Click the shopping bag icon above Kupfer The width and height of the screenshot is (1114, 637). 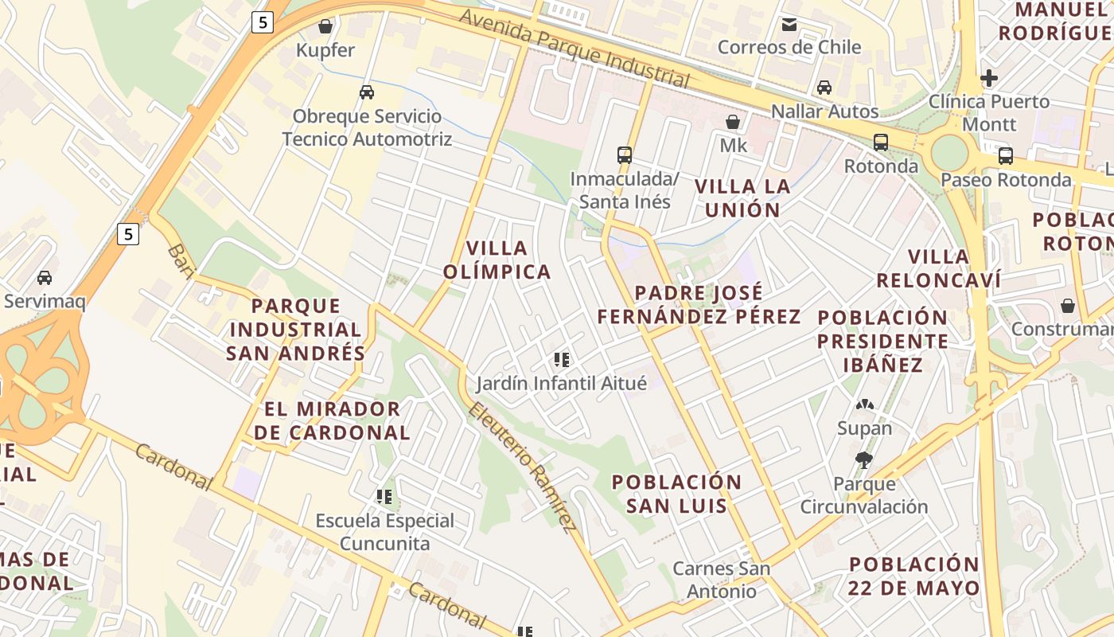[325, 26]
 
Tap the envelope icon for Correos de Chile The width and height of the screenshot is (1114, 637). [789, 24]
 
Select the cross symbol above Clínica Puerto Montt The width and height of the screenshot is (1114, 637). [989, 78]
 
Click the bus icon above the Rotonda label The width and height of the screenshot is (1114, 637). [881, 143]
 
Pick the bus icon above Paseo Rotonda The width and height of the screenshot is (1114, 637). [1006, 155]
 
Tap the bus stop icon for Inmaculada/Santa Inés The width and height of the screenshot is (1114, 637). [625, 154]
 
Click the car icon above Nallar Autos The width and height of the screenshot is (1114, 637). [824, 87]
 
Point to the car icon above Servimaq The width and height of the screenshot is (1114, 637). [45, 277]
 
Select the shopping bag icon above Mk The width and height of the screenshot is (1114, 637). [733, 122]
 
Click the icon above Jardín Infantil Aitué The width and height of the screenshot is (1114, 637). [562, 360]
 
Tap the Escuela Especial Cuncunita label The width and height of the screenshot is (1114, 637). [385, 532]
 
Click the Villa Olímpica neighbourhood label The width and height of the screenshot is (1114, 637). [497, 260]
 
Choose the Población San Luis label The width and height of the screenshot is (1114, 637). [676, 494]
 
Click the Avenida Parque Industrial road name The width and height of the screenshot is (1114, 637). [573, 48]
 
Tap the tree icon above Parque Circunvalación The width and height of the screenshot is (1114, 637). [863, 459]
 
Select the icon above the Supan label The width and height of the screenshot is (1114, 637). [865, 404]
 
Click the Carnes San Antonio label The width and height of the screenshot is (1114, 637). [722, 580]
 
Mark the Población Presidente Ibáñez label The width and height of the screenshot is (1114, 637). [883, 342]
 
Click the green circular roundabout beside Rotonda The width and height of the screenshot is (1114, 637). [949, 151]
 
